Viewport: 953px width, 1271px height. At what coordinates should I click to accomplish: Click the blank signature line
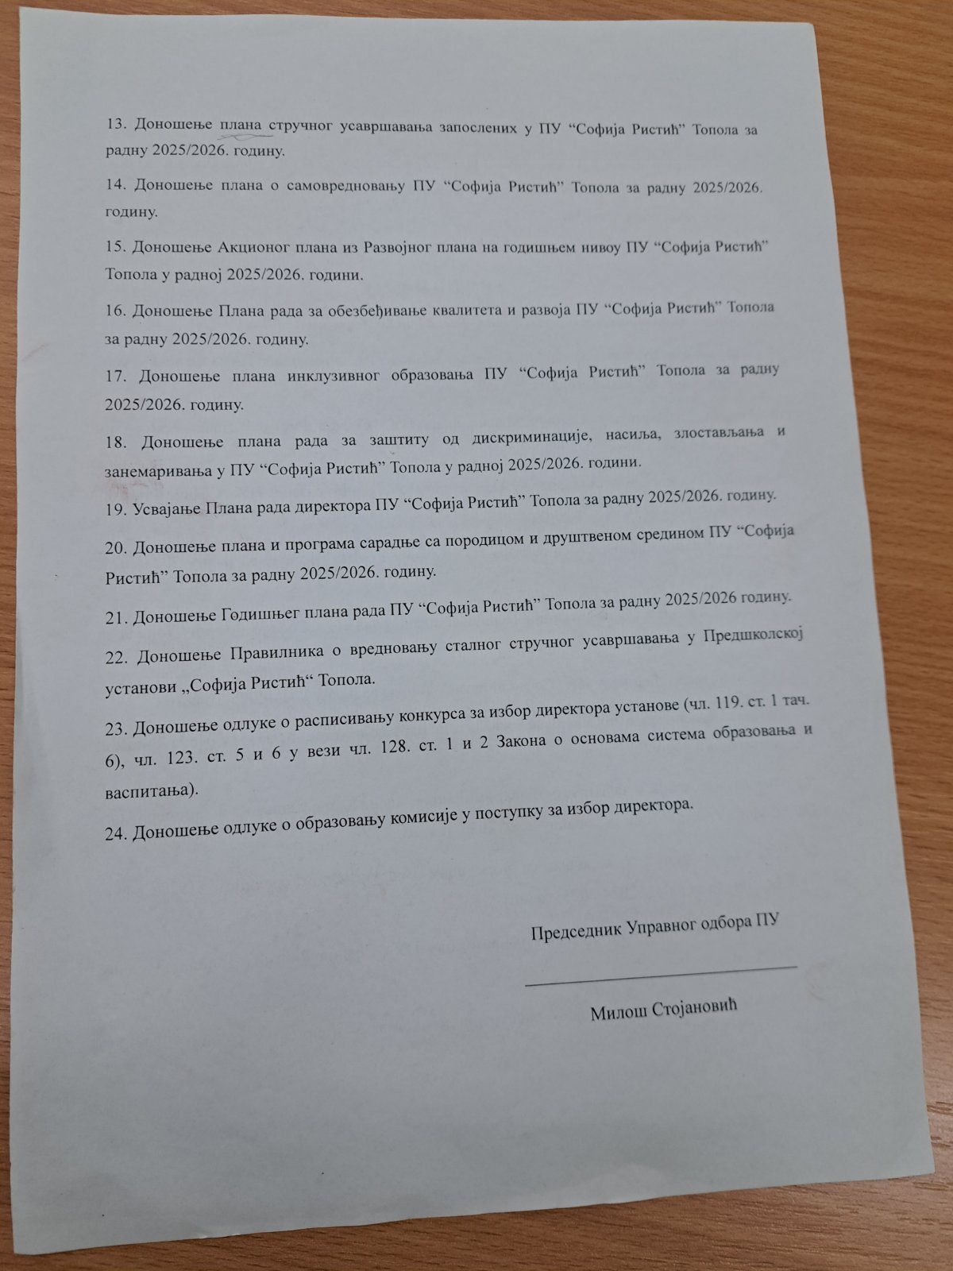point(660,974)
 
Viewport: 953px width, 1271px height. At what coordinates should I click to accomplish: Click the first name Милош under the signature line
point(616,1013)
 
